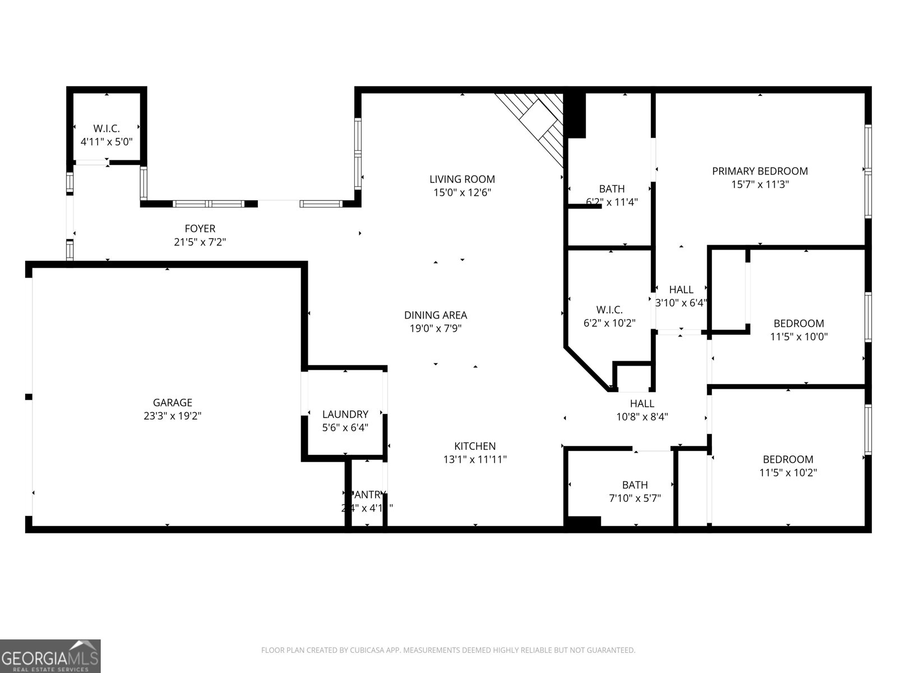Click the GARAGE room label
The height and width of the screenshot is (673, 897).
[x=172, y=403]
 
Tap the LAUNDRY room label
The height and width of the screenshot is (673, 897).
[x=345, y=414]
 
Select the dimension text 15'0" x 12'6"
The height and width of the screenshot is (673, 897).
[x=462, y=193]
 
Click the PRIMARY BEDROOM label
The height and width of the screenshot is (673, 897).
[x=760, y=171]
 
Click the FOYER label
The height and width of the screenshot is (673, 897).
[x=200, y=229]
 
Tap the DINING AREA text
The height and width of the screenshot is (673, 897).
[x=436, y=315]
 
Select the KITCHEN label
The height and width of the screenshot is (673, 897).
[x=475, y=446]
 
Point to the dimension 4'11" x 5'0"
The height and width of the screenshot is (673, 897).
[x=107, y=142]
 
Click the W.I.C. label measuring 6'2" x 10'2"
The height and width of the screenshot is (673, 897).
[x=609, y=310]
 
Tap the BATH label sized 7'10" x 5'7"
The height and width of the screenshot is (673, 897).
[x=635, y=485]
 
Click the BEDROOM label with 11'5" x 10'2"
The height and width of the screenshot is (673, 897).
[x=788, y=459]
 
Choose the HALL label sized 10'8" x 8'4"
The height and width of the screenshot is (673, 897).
[x=642, y=403]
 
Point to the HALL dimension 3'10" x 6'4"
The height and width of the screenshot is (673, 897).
[x=681, y=303]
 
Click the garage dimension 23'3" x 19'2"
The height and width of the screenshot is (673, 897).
[x=172, y=416]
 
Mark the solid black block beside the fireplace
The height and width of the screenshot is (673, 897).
[x=576, y=115]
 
